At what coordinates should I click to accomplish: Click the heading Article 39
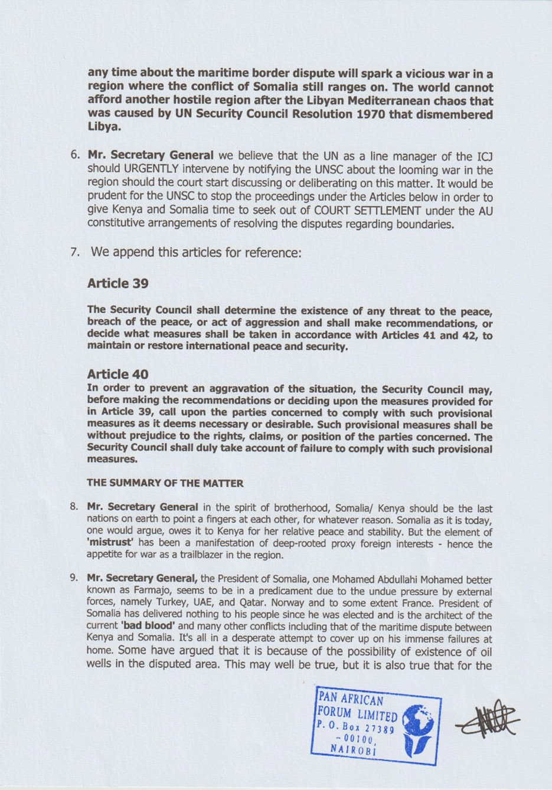[x=117, y=283]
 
